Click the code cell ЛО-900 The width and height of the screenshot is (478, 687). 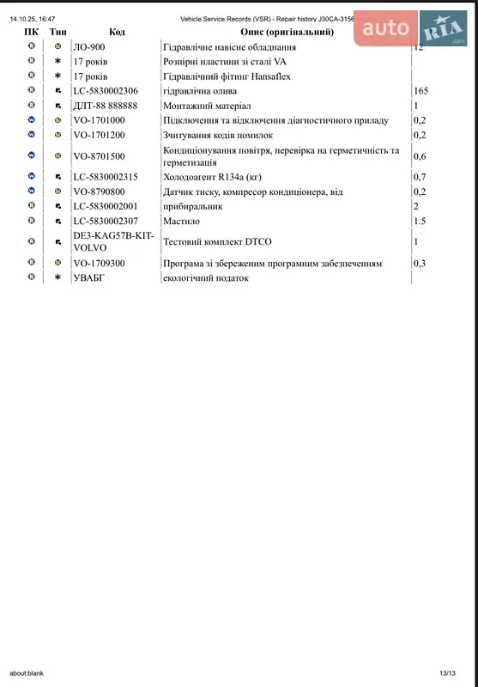[x=89, y=46]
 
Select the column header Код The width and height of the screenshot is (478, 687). [x=117, y=32]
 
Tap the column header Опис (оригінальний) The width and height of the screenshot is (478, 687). [x=286, y=32]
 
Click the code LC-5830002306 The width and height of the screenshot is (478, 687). [x=106, y=90]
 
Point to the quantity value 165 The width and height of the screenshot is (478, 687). [x=421, y=90]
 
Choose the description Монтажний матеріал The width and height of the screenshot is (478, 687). [x=206, y=105]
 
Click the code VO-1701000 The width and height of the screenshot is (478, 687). [x=100, y=120]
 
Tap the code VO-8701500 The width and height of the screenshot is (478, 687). [x=100, y=156]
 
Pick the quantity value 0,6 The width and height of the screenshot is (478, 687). [x=420, y=156]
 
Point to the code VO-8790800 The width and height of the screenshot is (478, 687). [x=100, y=192]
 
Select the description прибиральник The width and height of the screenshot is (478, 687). [x=193, y=206]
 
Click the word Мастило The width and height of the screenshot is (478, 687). [x=181, y=221]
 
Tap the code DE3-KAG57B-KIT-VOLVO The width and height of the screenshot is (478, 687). [x=114, y=242]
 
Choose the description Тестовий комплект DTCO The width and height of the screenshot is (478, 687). [x=217, y=242]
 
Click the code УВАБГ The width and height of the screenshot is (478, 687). [x=91, y=277]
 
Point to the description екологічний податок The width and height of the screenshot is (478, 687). [x=205, y=277]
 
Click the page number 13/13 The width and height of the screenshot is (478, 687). [x=446, y=673]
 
